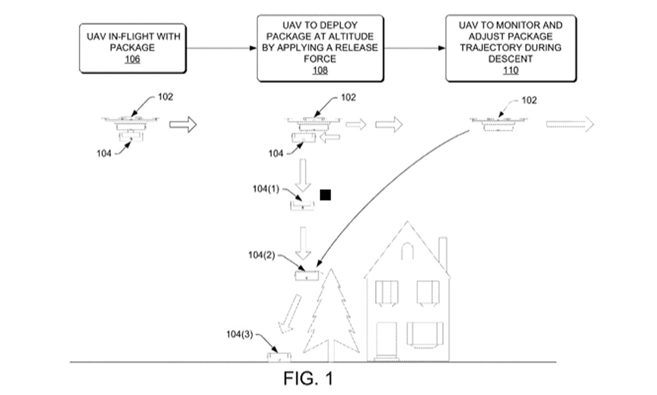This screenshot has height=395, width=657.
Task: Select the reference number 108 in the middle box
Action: click(x=320, y=70)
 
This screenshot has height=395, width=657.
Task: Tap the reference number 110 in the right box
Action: click(x=510, y=70)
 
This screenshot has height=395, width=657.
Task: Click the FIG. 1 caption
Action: click(x=308, y=379)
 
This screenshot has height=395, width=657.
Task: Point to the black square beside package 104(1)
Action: click(x=325, y=195)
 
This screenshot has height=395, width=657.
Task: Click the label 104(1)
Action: click(x=266, y=189)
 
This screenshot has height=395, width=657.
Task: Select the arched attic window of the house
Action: click(x=408, y=250)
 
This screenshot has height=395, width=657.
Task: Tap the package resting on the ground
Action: click(x=278, y=357)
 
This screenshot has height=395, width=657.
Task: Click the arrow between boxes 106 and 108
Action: click(x=221, y=49)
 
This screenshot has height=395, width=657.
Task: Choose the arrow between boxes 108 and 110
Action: click(x=415, y=49)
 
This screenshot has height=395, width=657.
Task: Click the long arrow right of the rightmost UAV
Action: click(x=570, y=124)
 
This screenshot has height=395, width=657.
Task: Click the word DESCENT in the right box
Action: click(x=510, y=58)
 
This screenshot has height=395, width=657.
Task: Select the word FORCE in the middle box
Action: click(x=320, y=58)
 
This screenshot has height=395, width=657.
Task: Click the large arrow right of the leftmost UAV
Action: click(x=183, y=124)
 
